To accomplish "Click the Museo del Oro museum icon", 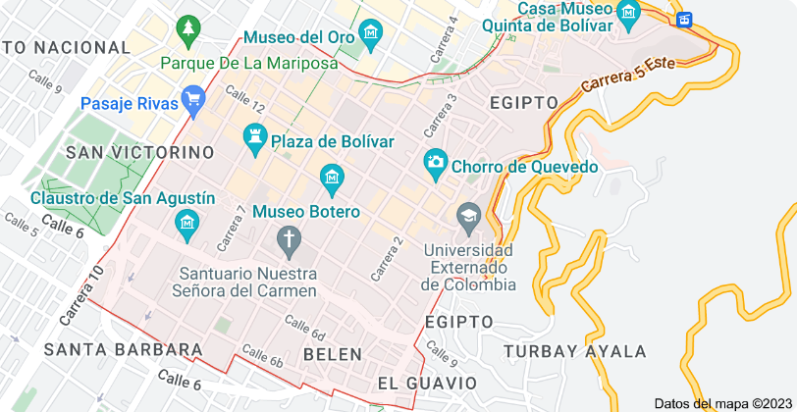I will pos(369,38).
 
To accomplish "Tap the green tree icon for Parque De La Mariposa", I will pos(186,31).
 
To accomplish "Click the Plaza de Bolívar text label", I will pos(333,141).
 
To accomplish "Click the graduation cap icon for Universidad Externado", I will pos(469,213).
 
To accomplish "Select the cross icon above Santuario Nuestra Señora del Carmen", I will pos(289,237).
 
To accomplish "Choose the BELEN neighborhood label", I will pos(333,353).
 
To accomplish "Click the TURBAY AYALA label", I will pos(575,351).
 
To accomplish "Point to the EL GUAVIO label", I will pos(427,383).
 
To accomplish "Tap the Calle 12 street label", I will pos(244,98).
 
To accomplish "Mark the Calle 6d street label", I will pos(304,325).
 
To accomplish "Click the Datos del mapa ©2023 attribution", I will pos(721,403).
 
